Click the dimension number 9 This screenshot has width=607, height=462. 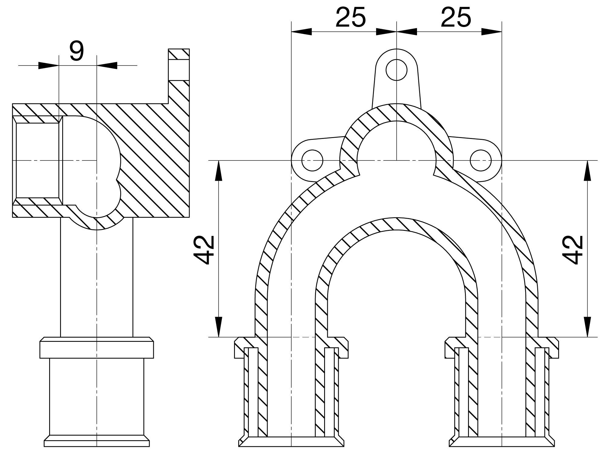point(76,51)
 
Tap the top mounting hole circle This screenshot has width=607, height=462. point(396,70)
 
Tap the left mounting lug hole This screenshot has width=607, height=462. point(312,160)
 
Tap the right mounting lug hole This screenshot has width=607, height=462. point(480,160)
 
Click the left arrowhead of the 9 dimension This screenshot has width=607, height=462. point(49,65)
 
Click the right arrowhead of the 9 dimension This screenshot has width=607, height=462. point(107,65)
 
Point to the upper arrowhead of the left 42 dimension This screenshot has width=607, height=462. point(219,170)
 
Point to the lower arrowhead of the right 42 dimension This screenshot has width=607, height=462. point(588,327)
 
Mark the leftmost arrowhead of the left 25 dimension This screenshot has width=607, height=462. point(301,31)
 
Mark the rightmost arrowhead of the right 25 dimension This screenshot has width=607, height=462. point(492,31)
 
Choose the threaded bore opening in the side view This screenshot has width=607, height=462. point(38,160)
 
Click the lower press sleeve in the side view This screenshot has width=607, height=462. point(97,402)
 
